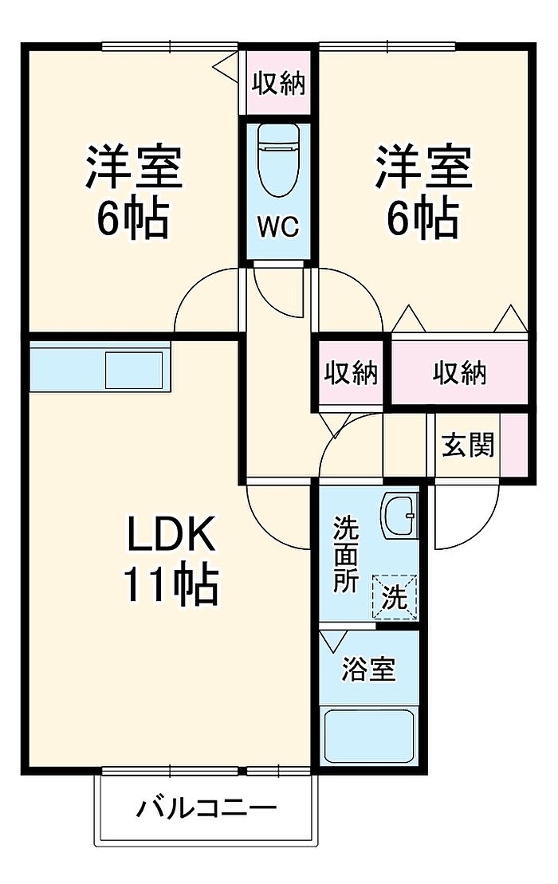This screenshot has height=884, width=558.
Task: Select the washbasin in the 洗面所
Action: click(398, 517)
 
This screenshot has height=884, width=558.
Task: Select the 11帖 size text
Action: click(171, 587)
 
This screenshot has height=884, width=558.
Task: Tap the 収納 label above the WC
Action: click(278, 84)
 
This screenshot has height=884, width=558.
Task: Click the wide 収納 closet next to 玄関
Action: click(460, 372)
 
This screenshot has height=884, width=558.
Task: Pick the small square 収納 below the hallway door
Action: click(351, 372)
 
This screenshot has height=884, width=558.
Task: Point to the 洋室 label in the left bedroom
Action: click(134, 166)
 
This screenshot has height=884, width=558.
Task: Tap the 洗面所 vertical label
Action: click(345, 554)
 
